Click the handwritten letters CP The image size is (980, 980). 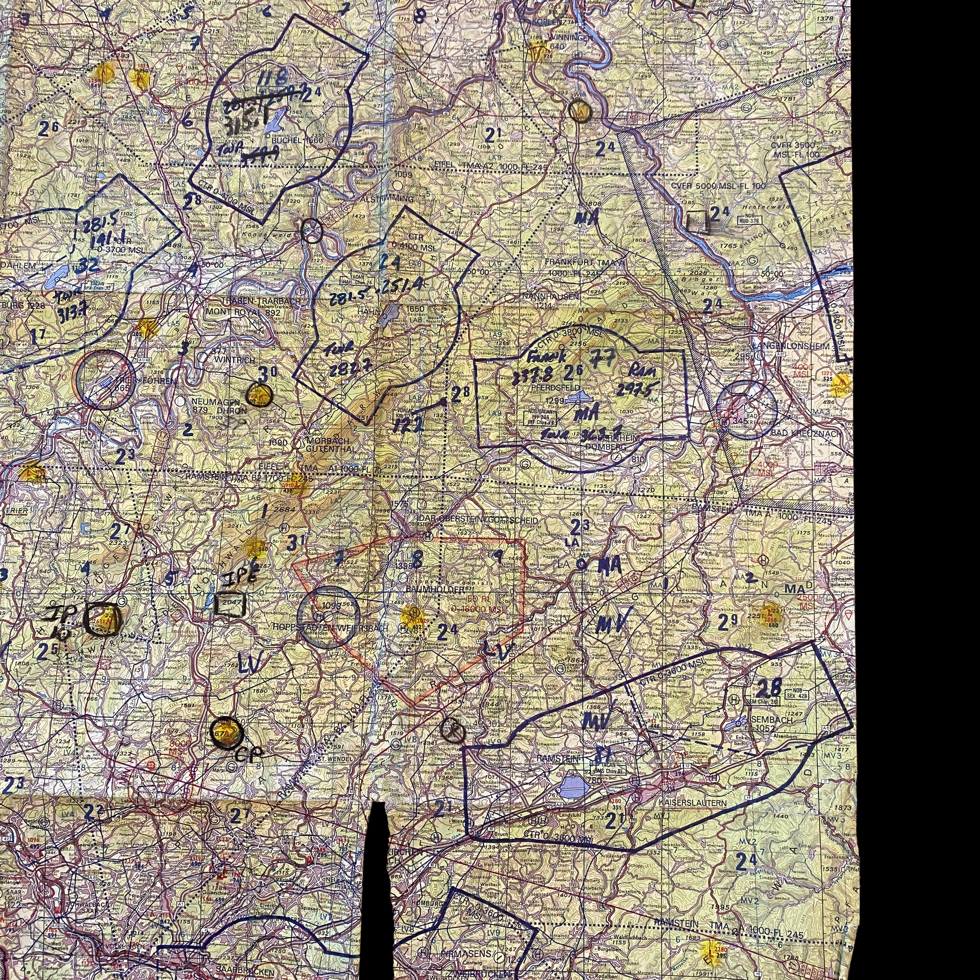(249, 754)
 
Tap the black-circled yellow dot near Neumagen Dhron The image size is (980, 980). (259, 395)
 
